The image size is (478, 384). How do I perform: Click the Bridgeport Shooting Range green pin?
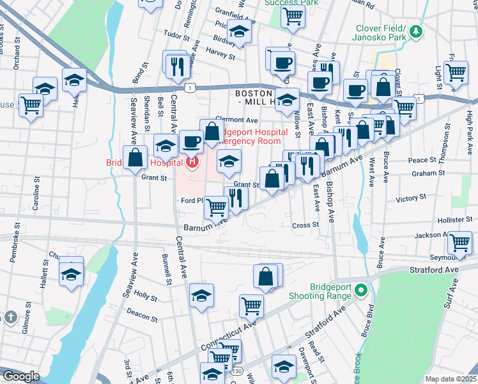click(x=362, y=291)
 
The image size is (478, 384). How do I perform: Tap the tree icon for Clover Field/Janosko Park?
click(x=417, y=31)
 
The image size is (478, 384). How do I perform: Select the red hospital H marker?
click(x=192, y=162)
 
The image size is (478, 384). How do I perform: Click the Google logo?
click(x=21, y=376)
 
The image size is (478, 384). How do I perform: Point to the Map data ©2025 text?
click(x=451, y=379)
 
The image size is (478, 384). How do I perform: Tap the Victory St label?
click(x=410, y=198)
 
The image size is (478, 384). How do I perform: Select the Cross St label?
click(x=305, y=225)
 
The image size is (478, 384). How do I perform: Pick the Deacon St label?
click(x=142, y=316)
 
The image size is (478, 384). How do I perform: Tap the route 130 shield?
click(x=237, y=371)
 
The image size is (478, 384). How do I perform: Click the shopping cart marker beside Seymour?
click(x=460, y=243)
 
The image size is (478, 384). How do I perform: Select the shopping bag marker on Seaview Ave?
click(x=135, y=157)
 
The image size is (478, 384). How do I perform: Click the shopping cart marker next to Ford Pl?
click(x=217, y=206)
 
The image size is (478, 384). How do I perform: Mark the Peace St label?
click(x=422, y=160)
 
